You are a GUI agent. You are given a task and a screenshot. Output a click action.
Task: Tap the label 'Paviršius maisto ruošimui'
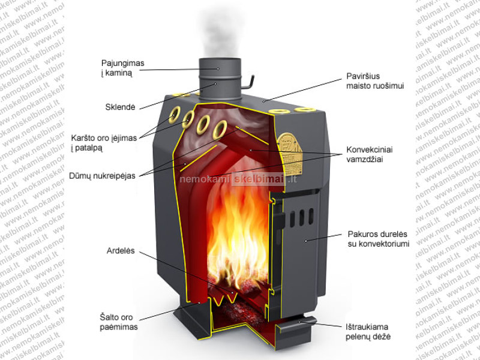pos(375,81)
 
